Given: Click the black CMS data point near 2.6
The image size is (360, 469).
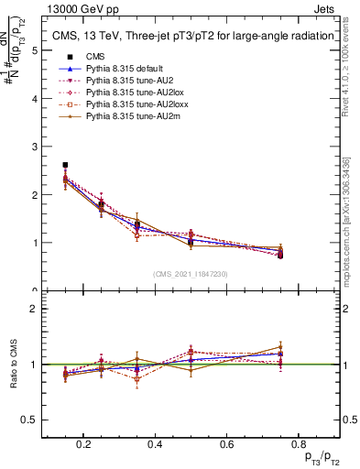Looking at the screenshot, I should [x=65, y=165].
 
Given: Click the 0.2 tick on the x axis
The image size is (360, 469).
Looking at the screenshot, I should [x=84, y=444].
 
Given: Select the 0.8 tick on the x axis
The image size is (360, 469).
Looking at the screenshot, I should [x=296, y=444].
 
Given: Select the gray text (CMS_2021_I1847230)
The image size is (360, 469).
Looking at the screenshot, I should [x=191, y=274].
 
